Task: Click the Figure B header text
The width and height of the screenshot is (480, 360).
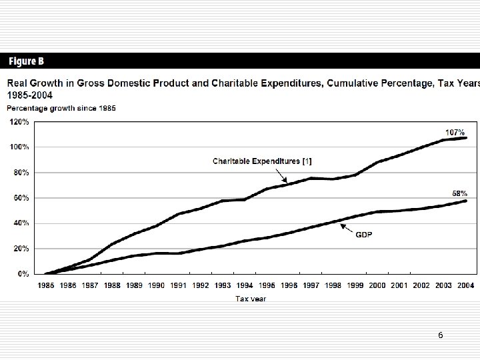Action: [x=27, y=61]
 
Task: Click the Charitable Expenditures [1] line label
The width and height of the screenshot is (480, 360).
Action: [x=262, y=161]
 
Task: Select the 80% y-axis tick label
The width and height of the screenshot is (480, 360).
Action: [x=19, y=173]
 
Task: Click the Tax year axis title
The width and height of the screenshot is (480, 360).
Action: [x=251, y=299]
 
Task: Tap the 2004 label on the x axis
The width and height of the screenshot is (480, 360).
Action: [x=466, y=285]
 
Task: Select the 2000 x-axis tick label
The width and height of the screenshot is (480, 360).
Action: [x=377, y=285]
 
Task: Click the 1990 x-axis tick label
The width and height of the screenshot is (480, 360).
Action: [x=156, y=285]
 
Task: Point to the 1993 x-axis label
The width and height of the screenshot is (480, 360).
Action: [x=222, y=285]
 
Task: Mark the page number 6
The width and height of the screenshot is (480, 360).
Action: [x=441, y=335]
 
